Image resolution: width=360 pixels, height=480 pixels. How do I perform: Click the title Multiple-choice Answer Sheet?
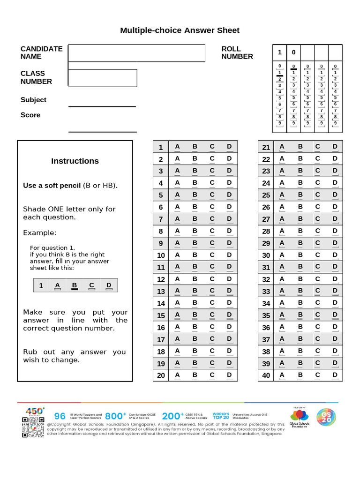180,30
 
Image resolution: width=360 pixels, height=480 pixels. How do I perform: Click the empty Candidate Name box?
136,53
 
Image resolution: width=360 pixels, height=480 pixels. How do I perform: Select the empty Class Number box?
103,78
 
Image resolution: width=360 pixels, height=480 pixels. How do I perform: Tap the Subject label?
33,100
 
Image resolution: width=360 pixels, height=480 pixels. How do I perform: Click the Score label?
30,115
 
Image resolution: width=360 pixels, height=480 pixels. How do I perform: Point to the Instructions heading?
75,161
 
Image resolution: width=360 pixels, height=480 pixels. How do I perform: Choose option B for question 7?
195,219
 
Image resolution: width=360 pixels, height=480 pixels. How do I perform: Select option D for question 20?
229,375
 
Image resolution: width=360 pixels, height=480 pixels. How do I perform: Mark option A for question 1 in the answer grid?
177,147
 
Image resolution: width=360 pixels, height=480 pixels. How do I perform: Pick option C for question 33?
317,291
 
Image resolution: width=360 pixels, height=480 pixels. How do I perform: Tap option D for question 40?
335,375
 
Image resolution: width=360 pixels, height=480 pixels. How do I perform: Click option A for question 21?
282,147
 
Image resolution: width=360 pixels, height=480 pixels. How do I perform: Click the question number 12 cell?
161,279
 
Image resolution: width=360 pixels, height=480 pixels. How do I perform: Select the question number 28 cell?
266,231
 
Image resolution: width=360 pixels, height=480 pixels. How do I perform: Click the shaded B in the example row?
74,285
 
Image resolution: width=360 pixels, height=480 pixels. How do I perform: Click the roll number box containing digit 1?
280,52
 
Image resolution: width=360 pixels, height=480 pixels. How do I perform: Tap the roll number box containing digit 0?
293,52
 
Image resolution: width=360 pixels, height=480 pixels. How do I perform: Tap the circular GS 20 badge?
326,417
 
